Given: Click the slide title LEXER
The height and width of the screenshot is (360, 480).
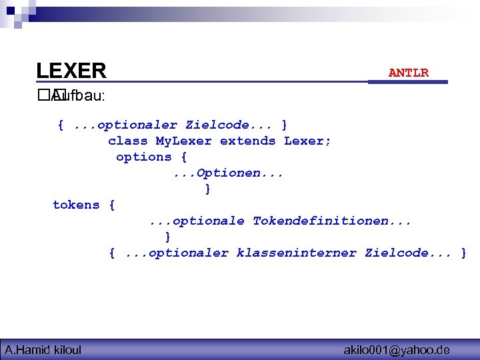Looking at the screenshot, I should [x=71, y=71].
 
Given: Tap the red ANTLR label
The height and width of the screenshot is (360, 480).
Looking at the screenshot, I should [x=408, y=73].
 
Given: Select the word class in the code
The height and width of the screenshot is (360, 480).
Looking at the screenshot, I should [x=127, y=141].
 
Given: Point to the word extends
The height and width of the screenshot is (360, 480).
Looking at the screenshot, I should [x=247, y=141].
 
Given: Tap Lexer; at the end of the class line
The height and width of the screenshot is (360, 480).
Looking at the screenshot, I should [x=307, y=141].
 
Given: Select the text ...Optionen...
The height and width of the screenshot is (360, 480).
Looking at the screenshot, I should [x=228, y=173].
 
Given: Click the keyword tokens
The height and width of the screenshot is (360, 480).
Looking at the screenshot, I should [x=76, y=205].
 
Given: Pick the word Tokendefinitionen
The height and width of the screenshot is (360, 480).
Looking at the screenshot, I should [x=331, y=221].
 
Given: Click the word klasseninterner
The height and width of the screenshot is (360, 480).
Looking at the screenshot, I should [x=296, y=253].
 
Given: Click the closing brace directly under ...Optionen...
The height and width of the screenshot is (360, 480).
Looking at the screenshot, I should [x=208, y=189].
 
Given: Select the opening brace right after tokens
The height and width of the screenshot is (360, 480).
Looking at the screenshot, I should [x=111, y=205].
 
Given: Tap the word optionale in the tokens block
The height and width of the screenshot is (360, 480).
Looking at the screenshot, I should [x=204, y=221].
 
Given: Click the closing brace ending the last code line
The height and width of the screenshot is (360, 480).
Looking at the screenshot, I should [x=463, y=253].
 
